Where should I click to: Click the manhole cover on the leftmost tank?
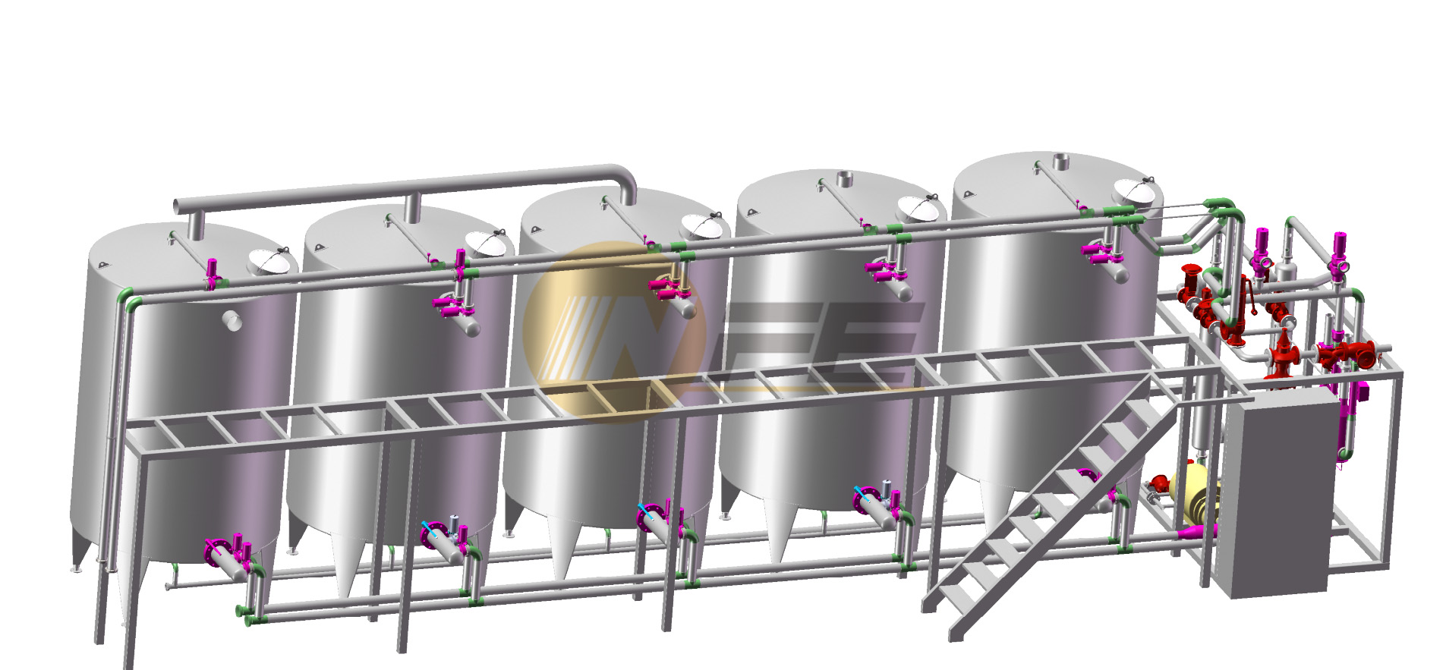272,261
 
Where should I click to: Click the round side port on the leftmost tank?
232,320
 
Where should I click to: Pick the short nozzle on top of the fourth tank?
845,179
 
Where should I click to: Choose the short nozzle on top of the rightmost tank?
1060,161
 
